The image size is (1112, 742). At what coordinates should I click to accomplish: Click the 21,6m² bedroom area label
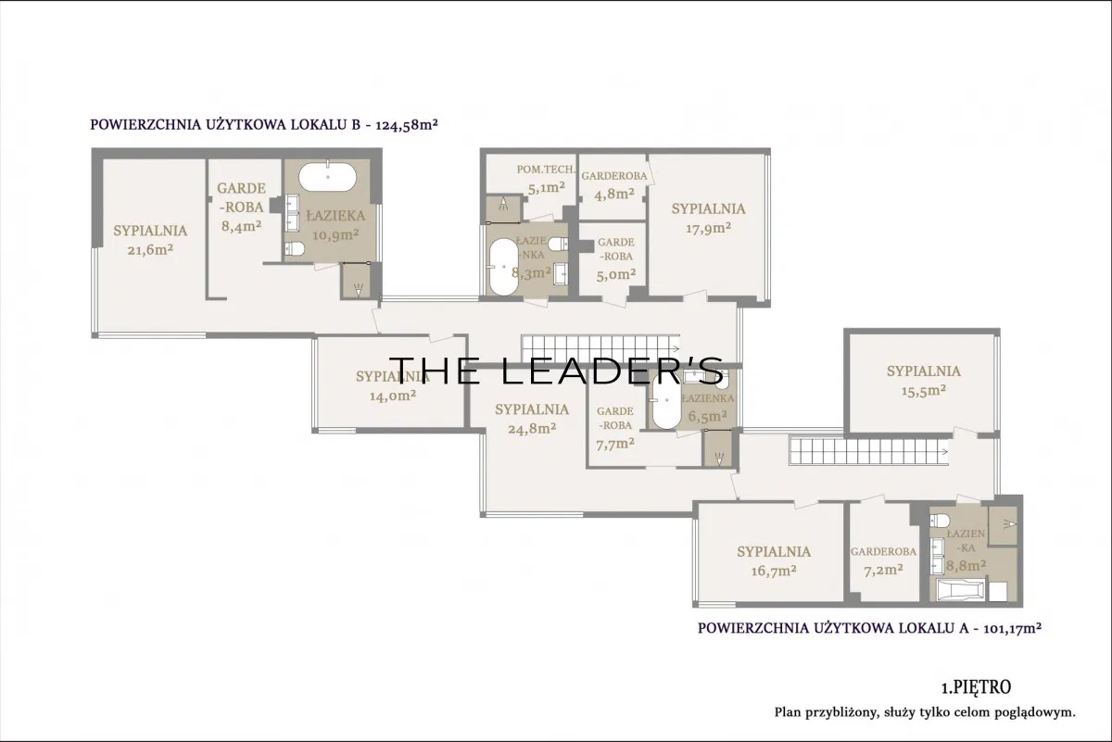coord(150,250)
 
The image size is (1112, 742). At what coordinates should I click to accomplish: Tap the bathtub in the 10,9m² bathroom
coord(328,177)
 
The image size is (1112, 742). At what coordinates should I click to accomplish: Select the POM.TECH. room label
coord(546,170)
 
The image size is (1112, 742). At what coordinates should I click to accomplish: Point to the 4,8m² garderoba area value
coord(614,194)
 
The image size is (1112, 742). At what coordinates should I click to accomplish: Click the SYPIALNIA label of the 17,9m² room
coord(708,209)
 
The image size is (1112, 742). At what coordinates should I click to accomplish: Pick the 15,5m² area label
coord(923,391)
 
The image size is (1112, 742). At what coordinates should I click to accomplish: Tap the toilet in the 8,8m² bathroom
coord(940,521)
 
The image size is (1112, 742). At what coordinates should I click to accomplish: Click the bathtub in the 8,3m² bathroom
coord(503,267)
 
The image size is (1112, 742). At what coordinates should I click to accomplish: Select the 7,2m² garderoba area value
coord(883,571)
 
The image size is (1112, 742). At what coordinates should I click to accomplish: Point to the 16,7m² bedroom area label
coord(774,572)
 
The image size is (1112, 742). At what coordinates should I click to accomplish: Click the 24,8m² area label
coord(532,428)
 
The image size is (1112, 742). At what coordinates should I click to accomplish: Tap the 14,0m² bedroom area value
coord(393,396)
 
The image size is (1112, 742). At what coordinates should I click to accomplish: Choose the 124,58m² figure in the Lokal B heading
coord(407,124)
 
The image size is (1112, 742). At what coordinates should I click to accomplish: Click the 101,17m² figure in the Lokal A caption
coord(1012,628)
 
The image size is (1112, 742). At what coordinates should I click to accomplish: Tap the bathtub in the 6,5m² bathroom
coord(666,401)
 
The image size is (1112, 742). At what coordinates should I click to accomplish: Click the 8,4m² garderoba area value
coord(241,226)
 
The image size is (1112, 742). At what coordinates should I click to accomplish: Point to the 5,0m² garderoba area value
coord(615,274)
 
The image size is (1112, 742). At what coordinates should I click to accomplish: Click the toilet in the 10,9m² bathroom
coord(295,248)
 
